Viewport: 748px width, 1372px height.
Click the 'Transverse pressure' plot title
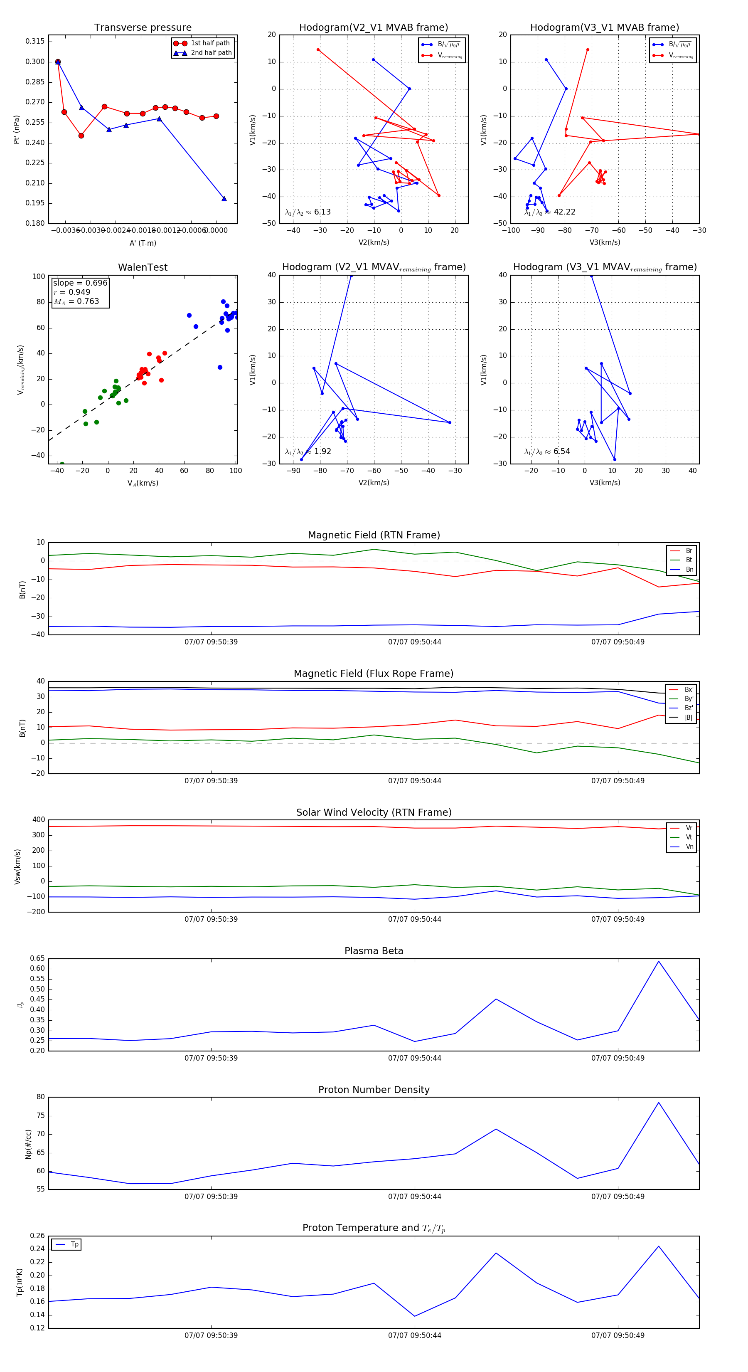(143, 28)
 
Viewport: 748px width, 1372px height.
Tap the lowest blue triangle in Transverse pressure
(224, 199)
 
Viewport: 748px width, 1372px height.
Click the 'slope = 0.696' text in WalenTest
(80, 283)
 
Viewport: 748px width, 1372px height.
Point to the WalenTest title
(143, 267)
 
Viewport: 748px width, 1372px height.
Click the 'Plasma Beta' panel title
(374, 951)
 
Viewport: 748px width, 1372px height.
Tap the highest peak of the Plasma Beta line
(659, 961)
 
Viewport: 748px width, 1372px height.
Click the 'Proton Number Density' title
(374, 1090)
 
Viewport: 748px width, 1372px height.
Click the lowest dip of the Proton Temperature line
(415, 1316)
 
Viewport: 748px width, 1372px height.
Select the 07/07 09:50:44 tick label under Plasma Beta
(414, 1058)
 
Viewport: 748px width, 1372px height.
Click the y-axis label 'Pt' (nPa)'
(17, 129)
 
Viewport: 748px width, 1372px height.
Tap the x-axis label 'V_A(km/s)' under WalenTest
(143, 483)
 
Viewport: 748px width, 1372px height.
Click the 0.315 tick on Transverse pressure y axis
(35, 42)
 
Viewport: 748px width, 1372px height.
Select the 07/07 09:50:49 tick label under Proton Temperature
(618, 1335)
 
